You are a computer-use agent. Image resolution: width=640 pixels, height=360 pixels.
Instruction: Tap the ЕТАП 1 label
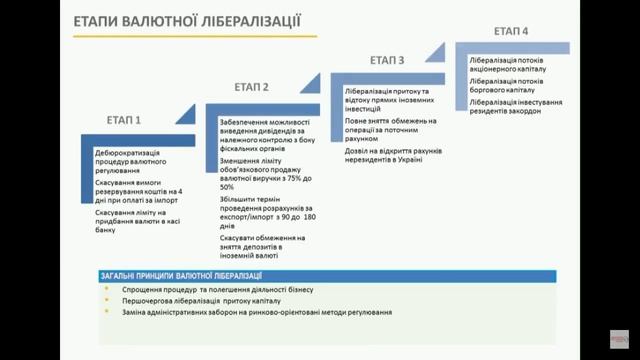click(131, 120)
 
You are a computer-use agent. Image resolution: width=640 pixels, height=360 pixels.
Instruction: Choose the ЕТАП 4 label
click(511, 32)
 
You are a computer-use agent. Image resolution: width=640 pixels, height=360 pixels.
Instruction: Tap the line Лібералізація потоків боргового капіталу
click(513, 87)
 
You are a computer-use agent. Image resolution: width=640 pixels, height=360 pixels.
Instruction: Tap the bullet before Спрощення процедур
click(107, 289)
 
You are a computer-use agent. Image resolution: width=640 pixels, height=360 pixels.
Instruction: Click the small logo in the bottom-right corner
click(620, 341)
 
